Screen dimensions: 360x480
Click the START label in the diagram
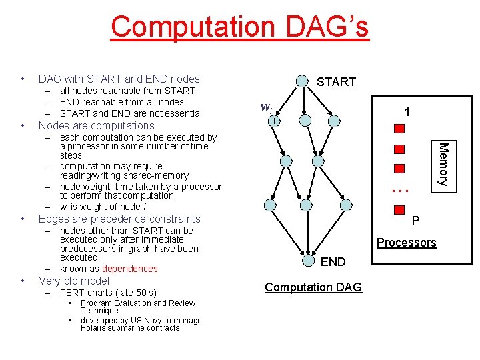click(x=336, y=82)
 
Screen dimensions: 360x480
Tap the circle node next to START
click(x=303, y=81)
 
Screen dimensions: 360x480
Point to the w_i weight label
click(x=265, y=107)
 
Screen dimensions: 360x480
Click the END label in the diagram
click(x=333, y=262)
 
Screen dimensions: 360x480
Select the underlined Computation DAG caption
click(x=313, y=287)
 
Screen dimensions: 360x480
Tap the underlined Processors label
click(x=406, y=243)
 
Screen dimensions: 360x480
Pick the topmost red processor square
click(x=399, y=129)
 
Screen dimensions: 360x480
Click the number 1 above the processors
click(x=407, y=113)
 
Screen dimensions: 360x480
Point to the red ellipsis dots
click(x=399, y=190)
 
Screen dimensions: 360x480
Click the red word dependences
click(x=130, y=269)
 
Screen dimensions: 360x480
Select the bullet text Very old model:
click(x=75, y=281)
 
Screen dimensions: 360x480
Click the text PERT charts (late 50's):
click(x=109, y=293)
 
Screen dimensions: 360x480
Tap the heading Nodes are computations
click(x=97, y=125)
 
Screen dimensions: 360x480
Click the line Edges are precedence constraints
click(x=119, y=219)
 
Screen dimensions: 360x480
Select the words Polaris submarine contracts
click(x=130, y=328)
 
